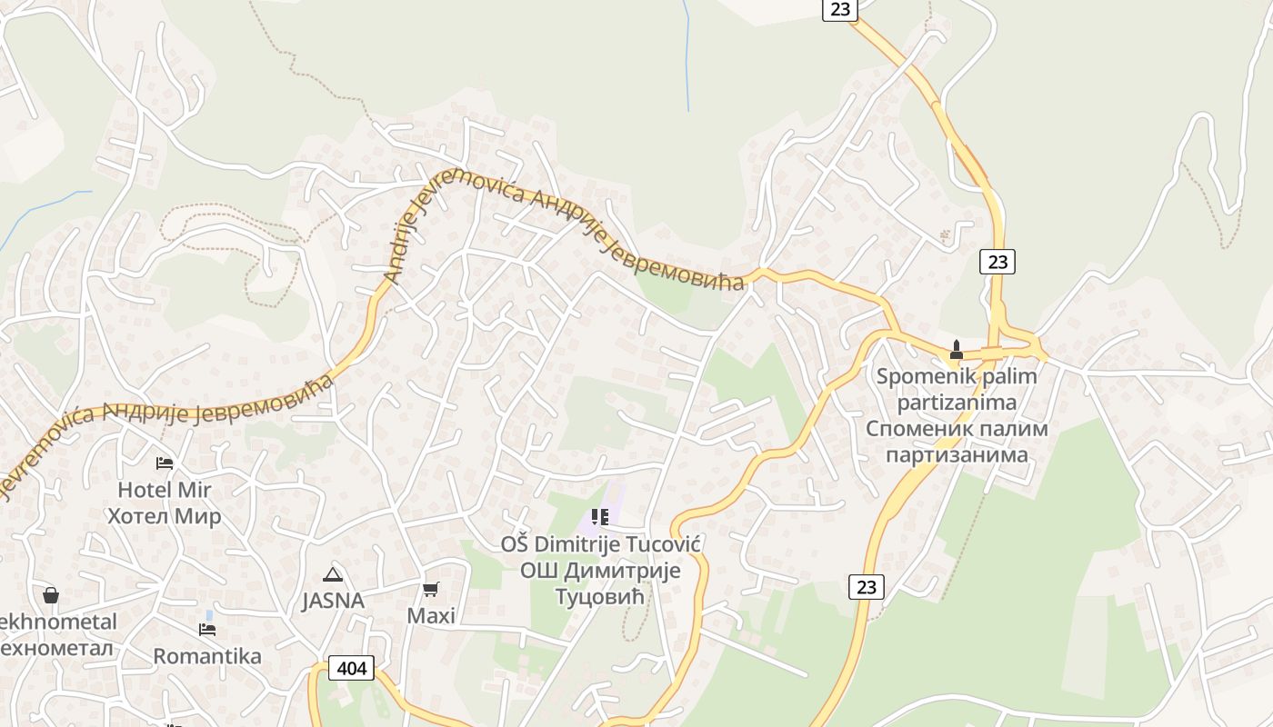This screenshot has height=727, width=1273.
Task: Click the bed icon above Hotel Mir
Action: [x=165, y=463]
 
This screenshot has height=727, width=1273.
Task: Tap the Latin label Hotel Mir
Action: [x=165, y=490]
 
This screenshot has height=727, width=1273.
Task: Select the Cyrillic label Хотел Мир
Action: [x=165, y=516]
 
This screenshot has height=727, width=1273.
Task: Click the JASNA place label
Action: [x=334, y=601]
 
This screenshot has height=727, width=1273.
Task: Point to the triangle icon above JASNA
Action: [x=333, y=574]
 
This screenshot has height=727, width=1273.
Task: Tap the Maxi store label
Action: [x=431, y=615]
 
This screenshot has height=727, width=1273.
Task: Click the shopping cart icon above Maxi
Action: [x=431, y=589]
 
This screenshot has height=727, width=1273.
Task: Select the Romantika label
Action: [x=207, y=656]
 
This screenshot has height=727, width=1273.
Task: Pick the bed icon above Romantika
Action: [x=207, y=629]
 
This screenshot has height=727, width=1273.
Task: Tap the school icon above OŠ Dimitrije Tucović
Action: [x=600, y=518]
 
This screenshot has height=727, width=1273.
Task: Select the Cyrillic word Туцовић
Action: [x=600, y=597]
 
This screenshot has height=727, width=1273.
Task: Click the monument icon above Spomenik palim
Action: [x=956, y=349]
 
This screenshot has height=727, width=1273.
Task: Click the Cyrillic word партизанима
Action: [x=957, y=454]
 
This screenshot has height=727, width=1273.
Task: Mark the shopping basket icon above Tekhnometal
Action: [x=51, y=595]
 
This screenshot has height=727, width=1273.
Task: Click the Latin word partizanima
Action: [x=957, y=402]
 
